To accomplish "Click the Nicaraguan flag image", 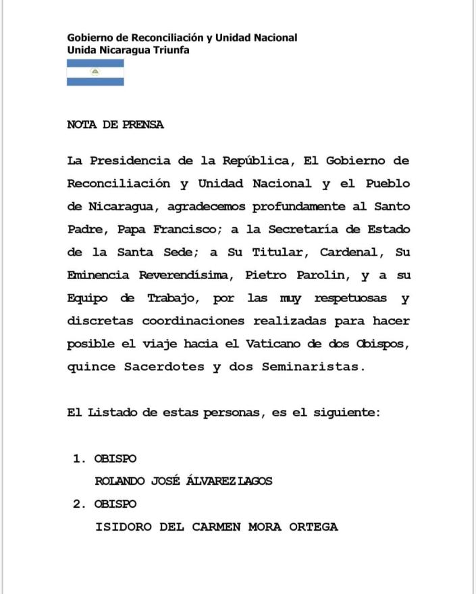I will pos(95,73).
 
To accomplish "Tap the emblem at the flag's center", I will pos(95,72).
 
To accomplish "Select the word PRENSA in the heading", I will pos(143,125).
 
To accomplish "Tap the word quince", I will pos(91,367).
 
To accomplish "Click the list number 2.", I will pos(78,504).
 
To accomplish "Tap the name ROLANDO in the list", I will pos(117,481).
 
